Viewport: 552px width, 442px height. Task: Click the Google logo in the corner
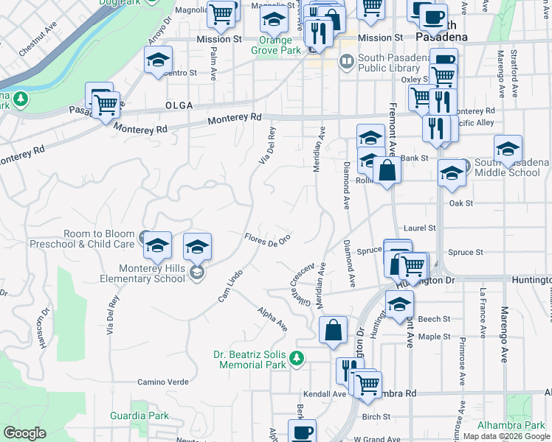click(x=25, y=433)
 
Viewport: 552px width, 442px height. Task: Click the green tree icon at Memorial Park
click(x=296, y=359)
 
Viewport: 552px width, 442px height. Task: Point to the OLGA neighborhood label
click(x=179, y=106)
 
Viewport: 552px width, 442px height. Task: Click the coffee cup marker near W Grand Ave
click(x=301, y=432)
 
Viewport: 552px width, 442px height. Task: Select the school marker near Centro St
click(x=158, y=61)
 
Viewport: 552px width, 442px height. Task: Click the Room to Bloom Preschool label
click(x=83, y=238)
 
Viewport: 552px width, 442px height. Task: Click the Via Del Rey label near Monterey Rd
click(x=268, y=144)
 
